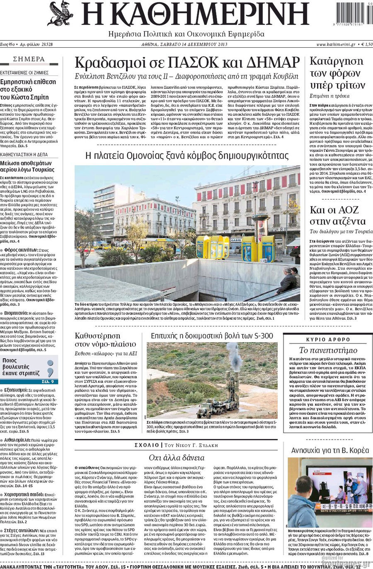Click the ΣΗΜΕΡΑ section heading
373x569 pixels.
tap(29, 59)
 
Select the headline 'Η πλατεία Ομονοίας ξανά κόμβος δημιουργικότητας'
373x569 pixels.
tap(186, 156)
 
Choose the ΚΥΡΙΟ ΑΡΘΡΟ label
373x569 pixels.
tap(328, 339)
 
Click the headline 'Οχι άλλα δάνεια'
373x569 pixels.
tap(177, 457)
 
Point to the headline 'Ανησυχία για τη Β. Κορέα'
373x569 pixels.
tap(330, 450)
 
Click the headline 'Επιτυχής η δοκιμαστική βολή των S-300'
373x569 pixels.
tap(212, 336)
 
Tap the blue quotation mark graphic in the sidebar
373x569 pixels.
tap(50, 367)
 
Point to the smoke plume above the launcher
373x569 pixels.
tap(234, 357)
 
